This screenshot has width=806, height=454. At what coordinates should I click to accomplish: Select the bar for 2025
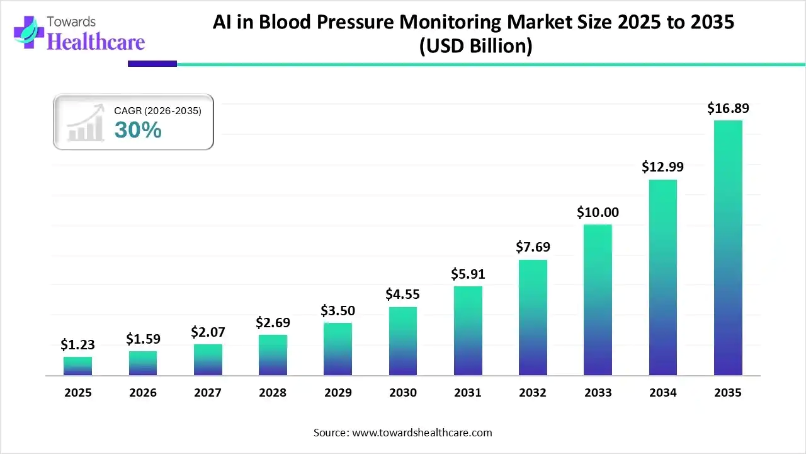pyautogui.click(x=77, y=366)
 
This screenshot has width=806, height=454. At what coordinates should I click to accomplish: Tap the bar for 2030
pyautogui.click(x=402, y=341)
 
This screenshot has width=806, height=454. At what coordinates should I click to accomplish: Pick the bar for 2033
pyautogui.click(x=598, y=300)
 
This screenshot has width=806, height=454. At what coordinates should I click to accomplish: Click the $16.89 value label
pyautogui.click(x=728, y=108)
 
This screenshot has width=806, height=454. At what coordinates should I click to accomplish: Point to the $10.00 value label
pyautogui.click(x=598, y=212)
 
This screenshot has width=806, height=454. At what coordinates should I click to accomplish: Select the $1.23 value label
pyautogui.click(x=77, y=344)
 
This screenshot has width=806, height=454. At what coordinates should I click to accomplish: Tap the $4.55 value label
pyautogui.click(x=402, y=294)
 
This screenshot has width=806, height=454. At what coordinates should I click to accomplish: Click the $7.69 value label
pyautogui.click(x=533, y=247)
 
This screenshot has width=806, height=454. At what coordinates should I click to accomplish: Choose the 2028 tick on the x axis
pyautogui.click(x=273, y=393)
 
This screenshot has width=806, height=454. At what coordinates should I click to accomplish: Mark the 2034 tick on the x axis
pyautogui.click(x=663, y=393)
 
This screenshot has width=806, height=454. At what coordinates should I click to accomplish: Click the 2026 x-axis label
pyautogui.click(x=142, y=393)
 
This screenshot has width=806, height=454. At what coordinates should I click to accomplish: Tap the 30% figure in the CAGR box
pyautogui.click(x=138, y=130)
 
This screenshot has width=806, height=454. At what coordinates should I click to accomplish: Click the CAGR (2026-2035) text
pyautogui.click(x=157, y=111)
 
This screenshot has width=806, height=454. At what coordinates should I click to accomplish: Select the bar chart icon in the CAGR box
pyautogui.click(x=86, y=125)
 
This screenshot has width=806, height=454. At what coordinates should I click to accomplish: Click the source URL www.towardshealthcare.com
pyautogui.click(x=421, y=433)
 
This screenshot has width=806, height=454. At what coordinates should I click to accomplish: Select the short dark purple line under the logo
pyautogui.click(x=152, y=64)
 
